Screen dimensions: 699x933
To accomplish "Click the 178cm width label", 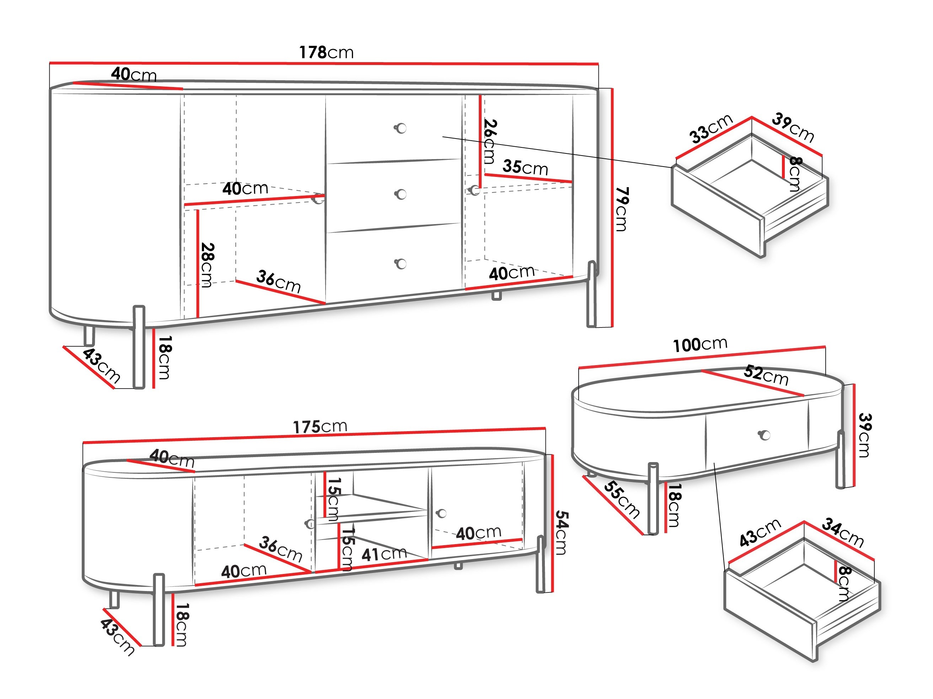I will pos(326,53).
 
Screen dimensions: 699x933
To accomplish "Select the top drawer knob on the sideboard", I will pos(401,128).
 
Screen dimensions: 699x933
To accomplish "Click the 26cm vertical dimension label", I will pos(490,142).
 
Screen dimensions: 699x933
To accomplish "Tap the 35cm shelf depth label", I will pos(525,167).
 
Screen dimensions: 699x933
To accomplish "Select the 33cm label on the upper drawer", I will pos(711,129).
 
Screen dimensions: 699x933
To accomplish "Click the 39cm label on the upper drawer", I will pos(793,128).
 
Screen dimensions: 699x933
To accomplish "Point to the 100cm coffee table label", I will pos(700,345).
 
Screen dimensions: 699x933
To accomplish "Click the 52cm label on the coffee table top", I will pos(766,375).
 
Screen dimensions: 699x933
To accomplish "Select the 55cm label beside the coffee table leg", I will pos(622,500).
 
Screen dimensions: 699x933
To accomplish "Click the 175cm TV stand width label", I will pos(320,427).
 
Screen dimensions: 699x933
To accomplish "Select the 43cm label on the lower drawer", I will pos(760,533).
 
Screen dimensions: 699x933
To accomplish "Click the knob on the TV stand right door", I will pos(441,513).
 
